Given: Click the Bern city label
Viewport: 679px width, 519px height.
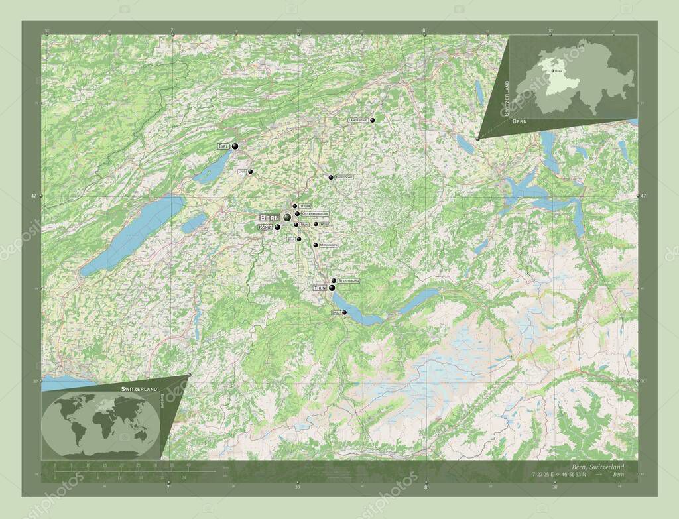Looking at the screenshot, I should click(x=270, y=217).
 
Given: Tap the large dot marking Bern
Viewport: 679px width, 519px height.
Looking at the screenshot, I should click(x=287, y=217).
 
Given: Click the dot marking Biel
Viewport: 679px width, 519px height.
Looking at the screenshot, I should click(x=235, y=146).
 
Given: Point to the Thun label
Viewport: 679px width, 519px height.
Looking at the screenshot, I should click(x=320, y=288).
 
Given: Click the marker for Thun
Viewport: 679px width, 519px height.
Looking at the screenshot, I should click(x=332, y=288).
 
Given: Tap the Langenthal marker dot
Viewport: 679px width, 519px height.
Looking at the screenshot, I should click(x=373, y=120).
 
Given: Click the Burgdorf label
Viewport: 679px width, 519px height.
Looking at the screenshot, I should click(x=344, y=178).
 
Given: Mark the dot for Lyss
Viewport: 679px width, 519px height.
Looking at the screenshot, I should click(x=251, y=172).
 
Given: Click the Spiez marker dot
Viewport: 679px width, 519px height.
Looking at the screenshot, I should click(x=344, y=312).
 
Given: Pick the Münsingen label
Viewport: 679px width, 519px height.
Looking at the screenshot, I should click(x=329, y=245).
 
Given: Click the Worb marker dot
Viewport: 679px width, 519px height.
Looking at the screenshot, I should click(x=316, y=224).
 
